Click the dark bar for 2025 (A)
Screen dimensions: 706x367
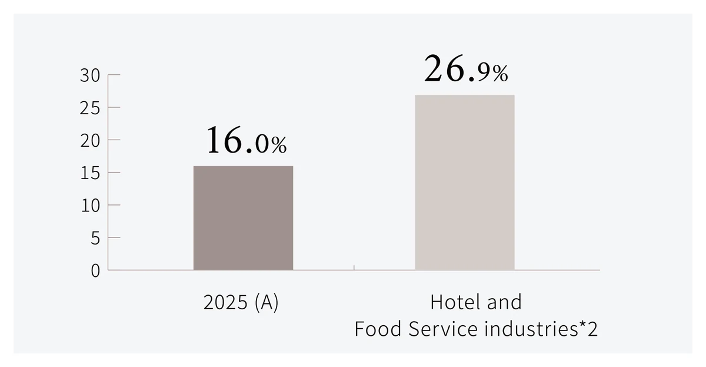click(243, 218)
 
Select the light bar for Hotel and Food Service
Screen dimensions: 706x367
click(465, 183)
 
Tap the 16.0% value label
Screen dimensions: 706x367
click(246, 140)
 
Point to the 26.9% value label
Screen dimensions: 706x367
click(466, 69)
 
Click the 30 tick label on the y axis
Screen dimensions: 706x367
click(90, 76)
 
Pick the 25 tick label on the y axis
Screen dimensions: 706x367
click(90, 108)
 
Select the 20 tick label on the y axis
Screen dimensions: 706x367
click(90, 141)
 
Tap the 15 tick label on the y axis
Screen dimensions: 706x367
click(90, 173)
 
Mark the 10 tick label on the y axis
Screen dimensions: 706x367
click(90, 206)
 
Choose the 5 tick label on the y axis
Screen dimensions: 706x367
click(95, 238)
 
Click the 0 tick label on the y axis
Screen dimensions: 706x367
click(95, 271)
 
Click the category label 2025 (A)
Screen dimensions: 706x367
click(241, 302)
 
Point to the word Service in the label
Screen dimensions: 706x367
click(443, 329)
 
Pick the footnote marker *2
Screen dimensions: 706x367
click(588, 328)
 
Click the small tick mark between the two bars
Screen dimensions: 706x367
click(354, 267)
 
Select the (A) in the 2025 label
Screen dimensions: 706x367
click(267, 302)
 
